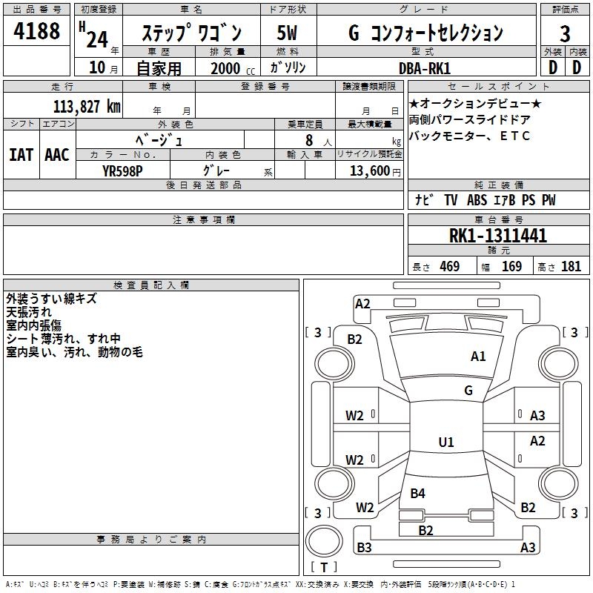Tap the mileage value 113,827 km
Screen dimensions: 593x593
[87, 106]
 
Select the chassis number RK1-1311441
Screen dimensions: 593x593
[498, 236]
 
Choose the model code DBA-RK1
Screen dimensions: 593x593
[425, 67]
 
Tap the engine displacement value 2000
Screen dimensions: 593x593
[225, 68]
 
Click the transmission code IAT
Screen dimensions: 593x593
[21, 155]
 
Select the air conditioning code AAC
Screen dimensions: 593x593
[57, 155]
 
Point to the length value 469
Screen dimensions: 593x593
[449, 267]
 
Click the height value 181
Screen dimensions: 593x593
[571, 267]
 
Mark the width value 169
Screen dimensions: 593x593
[511, 267]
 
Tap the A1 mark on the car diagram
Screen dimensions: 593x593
[478, 357]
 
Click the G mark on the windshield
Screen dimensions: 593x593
[468, 391]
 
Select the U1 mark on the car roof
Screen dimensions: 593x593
[445, 443]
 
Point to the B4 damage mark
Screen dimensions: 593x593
[418, 494]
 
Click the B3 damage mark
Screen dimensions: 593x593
[364, 548]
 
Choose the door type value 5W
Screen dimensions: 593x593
[288, 33]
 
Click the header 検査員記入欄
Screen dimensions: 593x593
[151, 285]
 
